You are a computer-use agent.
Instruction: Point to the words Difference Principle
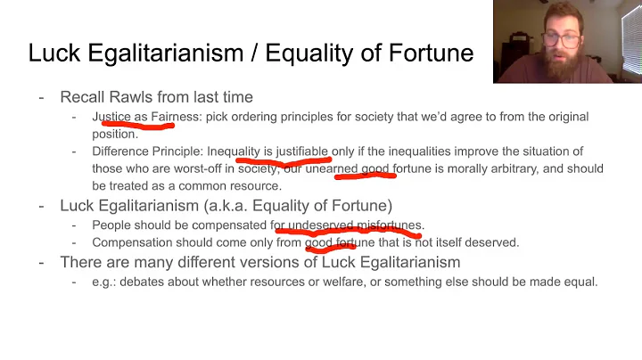click(x=146, y=151)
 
